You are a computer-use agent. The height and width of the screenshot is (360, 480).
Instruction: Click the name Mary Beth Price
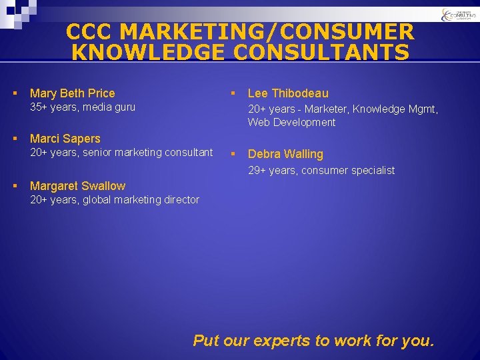(x=72, y=93)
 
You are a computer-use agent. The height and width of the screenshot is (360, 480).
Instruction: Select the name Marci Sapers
(x=65, y=139)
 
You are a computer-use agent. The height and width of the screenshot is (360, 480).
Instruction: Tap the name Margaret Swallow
(x=77, y=186)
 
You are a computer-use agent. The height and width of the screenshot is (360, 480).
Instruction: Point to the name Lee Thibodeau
(x=288, y=93)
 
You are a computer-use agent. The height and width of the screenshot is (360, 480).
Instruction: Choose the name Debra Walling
(x=285, y=154)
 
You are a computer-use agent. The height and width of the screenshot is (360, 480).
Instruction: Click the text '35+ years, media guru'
(x=83, y=107)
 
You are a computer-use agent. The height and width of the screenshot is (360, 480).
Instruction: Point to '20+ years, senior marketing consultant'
(x=121, y=153)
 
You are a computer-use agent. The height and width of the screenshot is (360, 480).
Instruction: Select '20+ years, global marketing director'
(x=115, y=199)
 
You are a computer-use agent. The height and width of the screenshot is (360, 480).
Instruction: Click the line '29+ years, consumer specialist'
(x=321, y=171)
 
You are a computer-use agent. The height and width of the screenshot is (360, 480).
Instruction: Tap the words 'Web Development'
(x=291, y=122)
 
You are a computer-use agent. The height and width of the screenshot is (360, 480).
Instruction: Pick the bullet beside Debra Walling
(x=233, y=154)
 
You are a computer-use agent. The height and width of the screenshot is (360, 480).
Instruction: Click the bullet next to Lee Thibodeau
(x=233, y=93)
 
